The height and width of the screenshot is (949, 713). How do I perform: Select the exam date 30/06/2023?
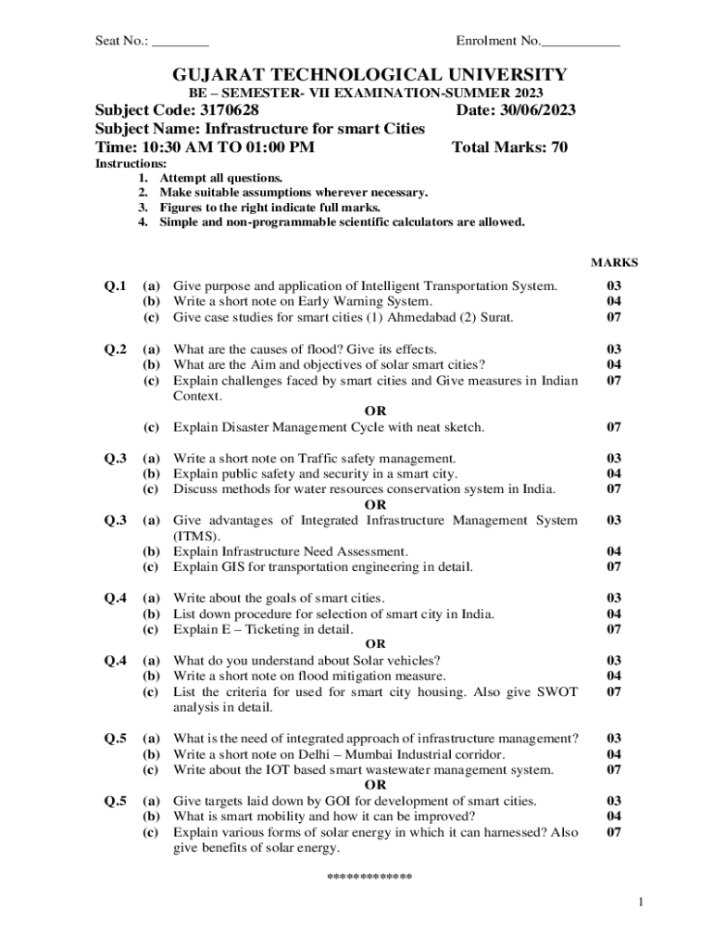pos(540,111)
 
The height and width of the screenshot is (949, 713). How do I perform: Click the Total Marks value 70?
pos(558,147)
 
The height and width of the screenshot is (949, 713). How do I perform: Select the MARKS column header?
pos(614,263)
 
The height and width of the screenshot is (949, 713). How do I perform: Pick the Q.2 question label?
pos(115,349)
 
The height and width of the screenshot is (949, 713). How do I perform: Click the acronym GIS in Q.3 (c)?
pos(233,567)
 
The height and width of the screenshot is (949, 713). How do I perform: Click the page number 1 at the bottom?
pos(640,904)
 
